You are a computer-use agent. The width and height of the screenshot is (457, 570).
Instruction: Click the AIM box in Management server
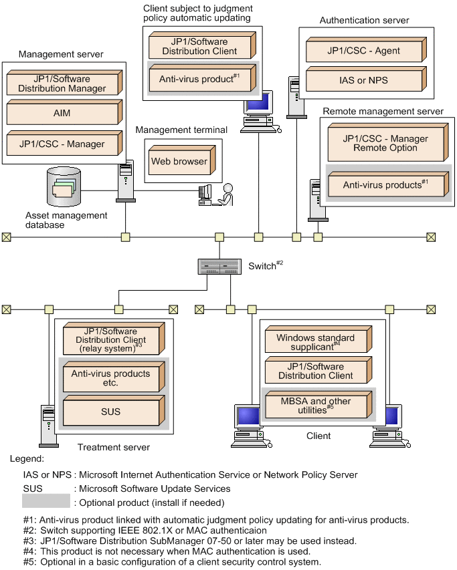click(x=62, y=114)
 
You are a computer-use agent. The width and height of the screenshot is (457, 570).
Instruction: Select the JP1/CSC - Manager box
click(x=62, y=144)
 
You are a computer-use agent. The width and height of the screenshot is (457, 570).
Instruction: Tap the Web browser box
click(x=179, y=162)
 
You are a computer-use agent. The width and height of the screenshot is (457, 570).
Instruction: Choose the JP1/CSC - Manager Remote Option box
click(x=385, y=144)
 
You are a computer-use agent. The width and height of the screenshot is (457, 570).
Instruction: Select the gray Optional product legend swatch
click(x=45, y=502)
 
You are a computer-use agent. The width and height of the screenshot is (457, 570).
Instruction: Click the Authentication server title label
click(x=364, y=21)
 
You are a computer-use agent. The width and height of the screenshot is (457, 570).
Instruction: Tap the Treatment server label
click(x=114, y=447)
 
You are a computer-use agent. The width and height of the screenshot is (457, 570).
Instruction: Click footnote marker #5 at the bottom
click(x=29, y=562)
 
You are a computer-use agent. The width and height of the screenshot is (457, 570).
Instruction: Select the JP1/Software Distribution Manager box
click(x=62, y=84)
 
